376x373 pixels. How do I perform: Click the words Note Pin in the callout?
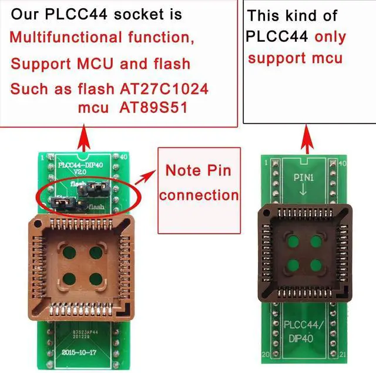[198, 172]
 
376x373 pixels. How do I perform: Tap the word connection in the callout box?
[199, 195]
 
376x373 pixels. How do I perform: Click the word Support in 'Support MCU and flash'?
[36, 63]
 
